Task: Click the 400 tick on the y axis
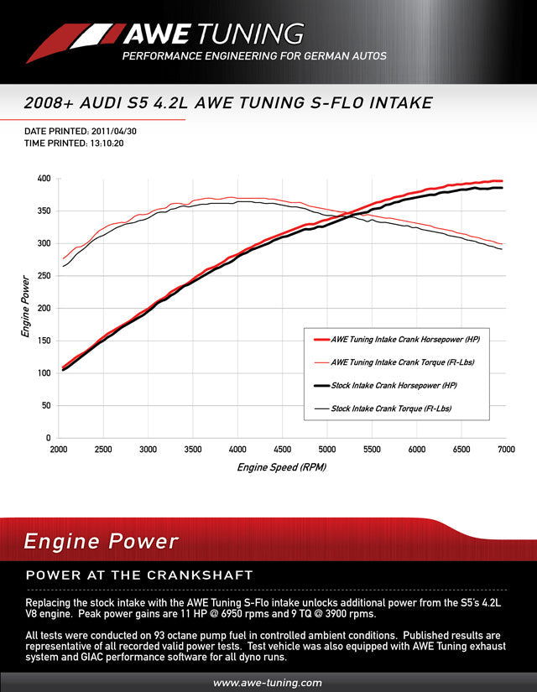pos(44,179)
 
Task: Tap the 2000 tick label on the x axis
pos(60,450)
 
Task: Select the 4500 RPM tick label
pos(281,450)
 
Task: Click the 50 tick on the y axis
pos(46,405)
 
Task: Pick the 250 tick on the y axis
pos(44,276)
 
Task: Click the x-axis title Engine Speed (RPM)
pos(281,467)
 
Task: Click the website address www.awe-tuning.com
pos(268,683)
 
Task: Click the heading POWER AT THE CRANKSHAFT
pos(139,575)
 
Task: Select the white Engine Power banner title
pos(101,541)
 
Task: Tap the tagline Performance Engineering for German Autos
pos(254,56)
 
